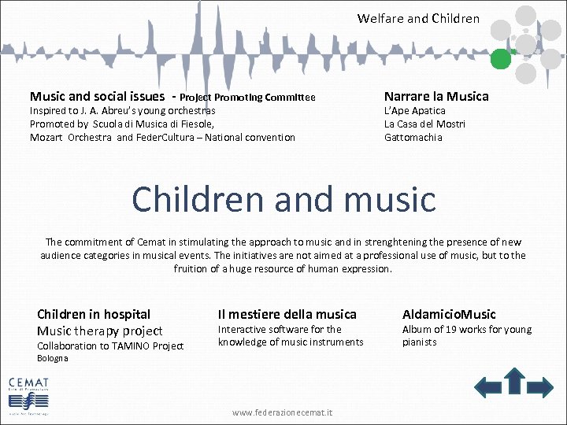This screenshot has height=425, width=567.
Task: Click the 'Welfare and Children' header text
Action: coord(418,18)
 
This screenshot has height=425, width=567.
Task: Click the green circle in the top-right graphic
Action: coord(501,59)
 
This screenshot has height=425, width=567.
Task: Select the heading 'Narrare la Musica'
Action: coord(436,96)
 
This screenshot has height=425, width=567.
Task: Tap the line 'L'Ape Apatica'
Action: coord(414,111)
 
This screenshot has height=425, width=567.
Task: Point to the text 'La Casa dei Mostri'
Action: coord(424,124)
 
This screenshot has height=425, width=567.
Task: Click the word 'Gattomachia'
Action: coord(413,138)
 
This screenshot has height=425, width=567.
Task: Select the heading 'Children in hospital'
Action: coord(94,314)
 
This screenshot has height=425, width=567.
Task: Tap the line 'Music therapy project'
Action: coord(100,331)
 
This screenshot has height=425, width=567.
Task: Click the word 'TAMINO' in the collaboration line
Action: coord(130,346)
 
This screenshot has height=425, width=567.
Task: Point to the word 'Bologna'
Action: coord(53,358)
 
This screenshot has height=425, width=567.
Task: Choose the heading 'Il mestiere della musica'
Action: coord(287,314)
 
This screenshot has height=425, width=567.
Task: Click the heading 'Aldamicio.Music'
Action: coord(449,314)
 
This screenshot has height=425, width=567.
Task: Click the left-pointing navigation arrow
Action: coord(488,386)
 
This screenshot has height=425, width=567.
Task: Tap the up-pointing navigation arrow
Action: coord(515,380)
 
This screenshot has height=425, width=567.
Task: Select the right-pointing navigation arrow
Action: coord(541,386)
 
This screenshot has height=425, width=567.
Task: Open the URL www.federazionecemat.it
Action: coord(283,412)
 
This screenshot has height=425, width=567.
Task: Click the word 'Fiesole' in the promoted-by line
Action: coord(196,124)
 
